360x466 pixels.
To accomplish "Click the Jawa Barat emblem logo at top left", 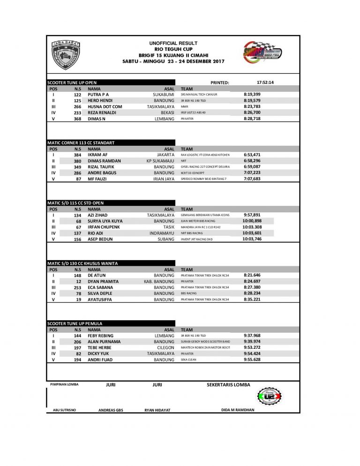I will pyautogui.click(x=66, y=55).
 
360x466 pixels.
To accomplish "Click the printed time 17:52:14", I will pyautogui.click(x=265, y=82).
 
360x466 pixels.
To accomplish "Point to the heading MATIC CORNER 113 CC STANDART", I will pyautogui.click(x=81, y=143).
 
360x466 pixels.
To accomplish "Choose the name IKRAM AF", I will pyautogui.click(x=97, y=155).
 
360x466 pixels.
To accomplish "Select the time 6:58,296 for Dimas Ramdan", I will pyautogui.click(x=252, y=161).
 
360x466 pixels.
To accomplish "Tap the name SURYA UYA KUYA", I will pyautogui.click(x=105, y=221).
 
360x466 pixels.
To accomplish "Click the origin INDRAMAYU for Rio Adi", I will pyautogui.click(x=162, y=233).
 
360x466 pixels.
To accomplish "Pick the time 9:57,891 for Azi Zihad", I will pyautogui.click(x=252, y=215).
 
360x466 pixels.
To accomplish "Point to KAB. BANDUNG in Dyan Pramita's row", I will pyautogui.click(x=159, y=281).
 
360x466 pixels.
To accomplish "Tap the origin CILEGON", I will pyautogui.click(x=165, y=348).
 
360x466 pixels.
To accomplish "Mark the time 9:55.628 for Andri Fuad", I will pyautogui.click(x=252, y=360).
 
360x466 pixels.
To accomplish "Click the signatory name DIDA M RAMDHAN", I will pyautogui.click(x=238, y=410).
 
